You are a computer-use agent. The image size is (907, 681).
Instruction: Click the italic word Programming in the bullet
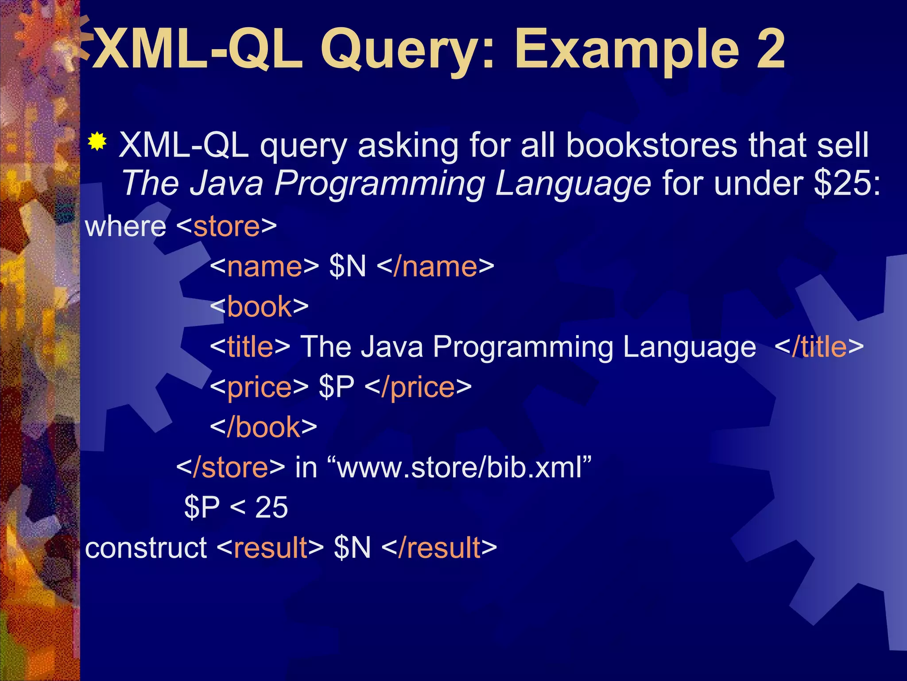380,184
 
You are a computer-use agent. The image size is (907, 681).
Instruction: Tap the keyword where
125,227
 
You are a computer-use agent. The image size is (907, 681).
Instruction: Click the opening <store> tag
226,227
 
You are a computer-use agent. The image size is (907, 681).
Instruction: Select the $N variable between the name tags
348,266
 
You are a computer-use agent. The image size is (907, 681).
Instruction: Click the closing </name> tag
437,266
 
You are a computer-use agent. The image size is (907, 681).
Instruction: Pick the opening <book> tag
259,306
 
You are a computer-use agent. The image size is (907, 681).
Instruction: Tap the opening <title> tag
250,347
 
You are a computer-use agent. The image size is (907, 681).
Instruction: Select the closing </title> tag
819,347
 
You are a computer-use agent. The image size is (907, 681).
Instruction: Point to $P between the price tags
336,387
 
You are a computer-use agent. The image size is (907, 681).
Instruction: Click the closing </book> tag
264,427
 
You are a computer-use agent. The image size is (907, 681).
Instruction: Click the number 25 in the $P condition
271,507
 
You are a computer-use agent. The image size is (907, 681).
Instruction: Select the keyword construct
146,548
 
